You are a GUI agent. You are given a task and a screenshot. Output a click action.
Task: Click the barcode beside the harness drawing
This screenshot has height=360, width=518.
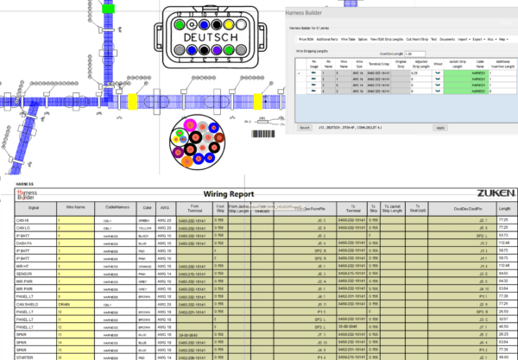[x=262, y=133]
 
